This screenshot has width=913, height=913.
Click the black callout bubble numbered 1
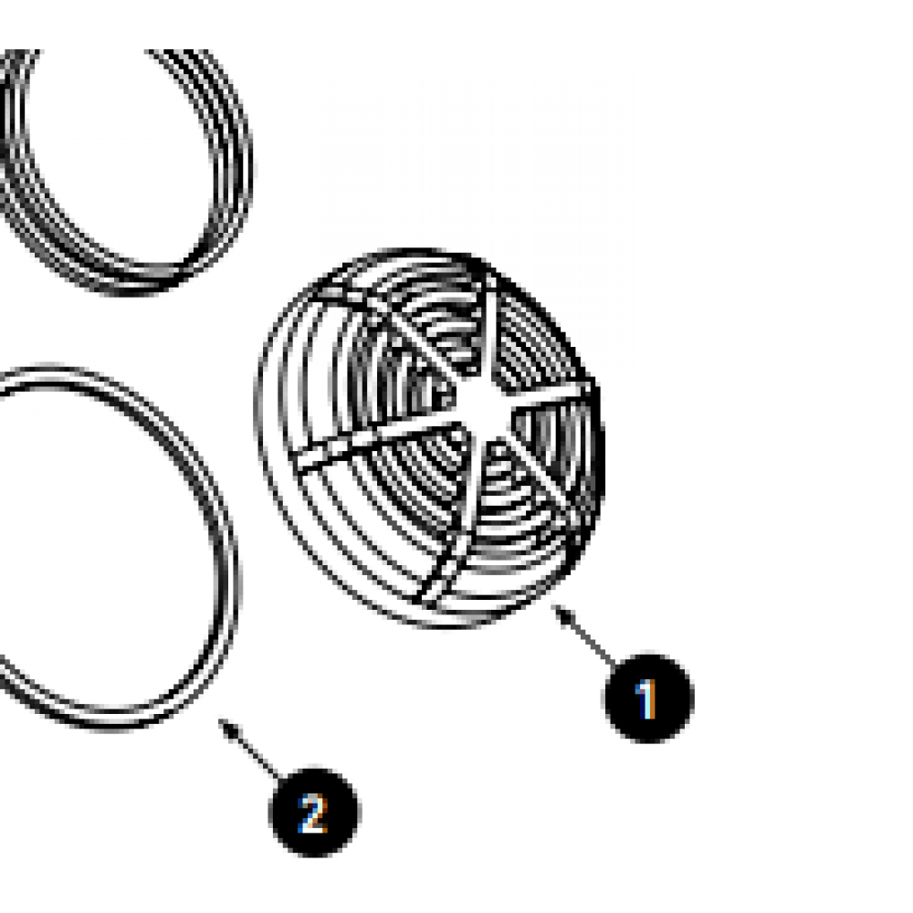tap(648, 698)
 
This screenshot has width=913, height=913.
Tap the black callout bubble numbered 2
tap(314, 813)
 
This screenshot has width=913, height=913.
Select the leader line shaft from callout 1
tap(585, 635)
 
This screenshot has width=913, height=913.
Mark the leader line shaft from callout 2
tap(251, 750)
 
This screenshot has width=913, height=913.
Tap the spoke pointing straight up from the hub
tap(488, 338)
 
